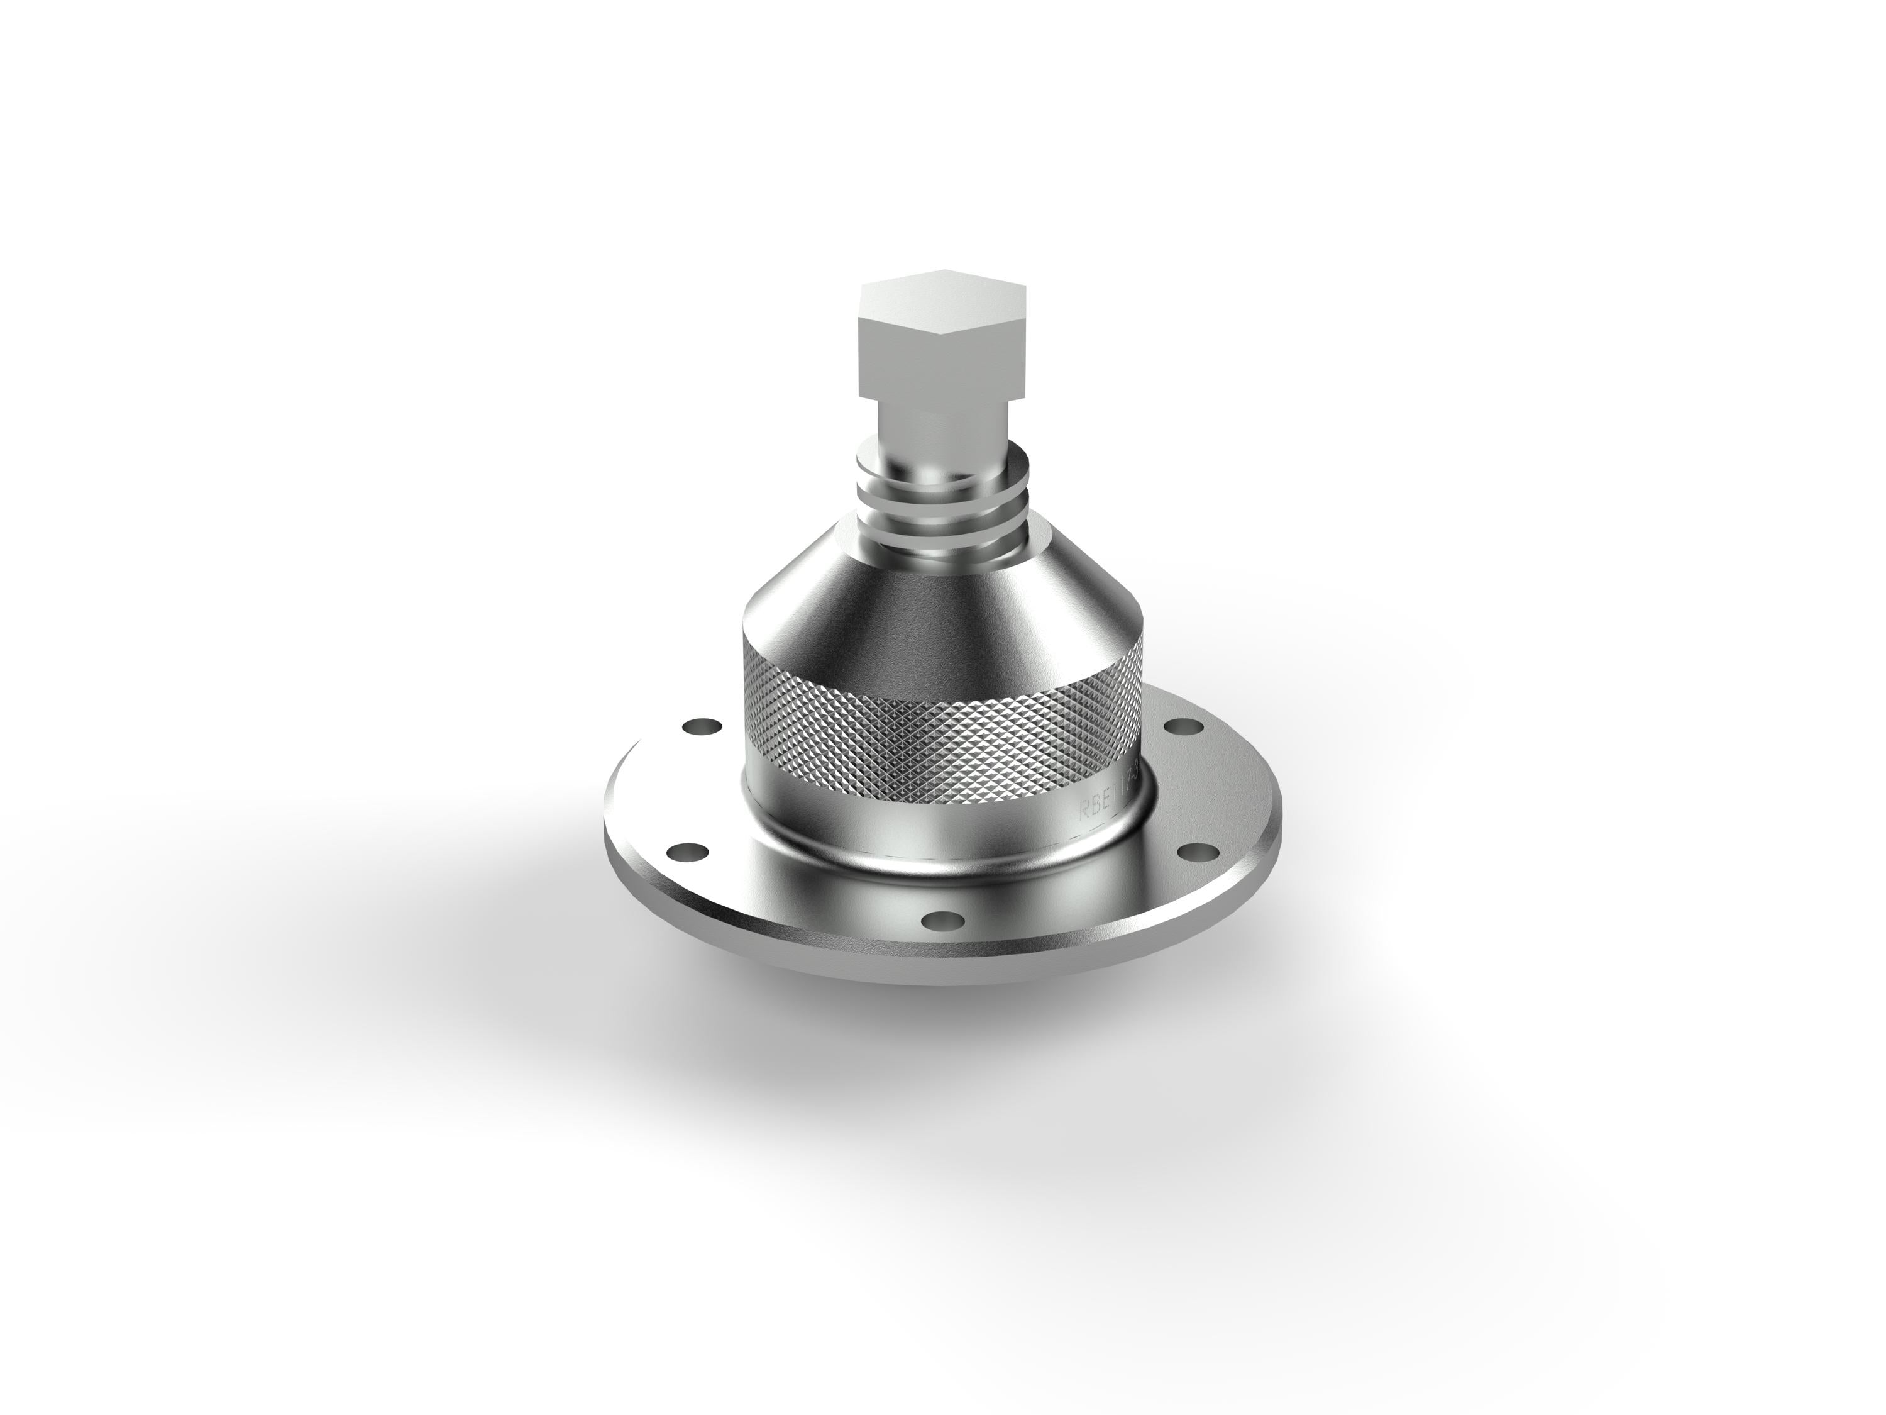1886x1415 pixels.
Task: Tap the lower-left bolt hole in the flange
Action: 687,852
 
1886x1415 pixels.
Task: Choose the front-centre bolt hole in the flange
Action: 940,919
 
